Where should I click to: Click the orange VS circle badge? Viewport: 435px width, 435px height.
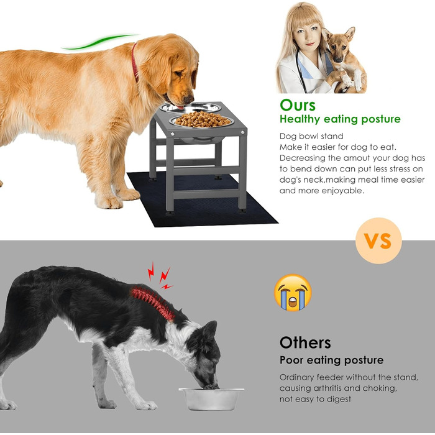(378, 240)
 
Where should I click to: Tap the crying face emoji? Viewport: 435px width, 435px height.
(293, 293)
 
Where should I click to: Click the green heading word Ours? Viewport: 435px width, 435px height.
(298, 106)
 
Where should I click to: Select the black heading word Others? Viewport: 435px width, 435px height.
(305, 343)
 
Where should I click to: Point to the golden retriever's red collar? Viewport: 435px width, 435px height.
(135, 63)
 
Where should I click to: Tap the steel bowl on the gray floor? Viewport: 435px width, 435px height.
(211, 399)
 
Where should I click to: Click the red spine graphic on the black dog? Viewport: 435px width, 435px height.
(153, 303)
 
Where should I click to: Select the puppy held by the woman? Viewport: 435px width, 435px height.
(344, 60)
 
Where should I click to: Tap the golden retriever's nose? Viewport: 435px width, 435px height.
(190, 99)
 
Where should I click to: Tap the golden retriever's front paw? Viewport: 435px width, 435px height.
(109, 203)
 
